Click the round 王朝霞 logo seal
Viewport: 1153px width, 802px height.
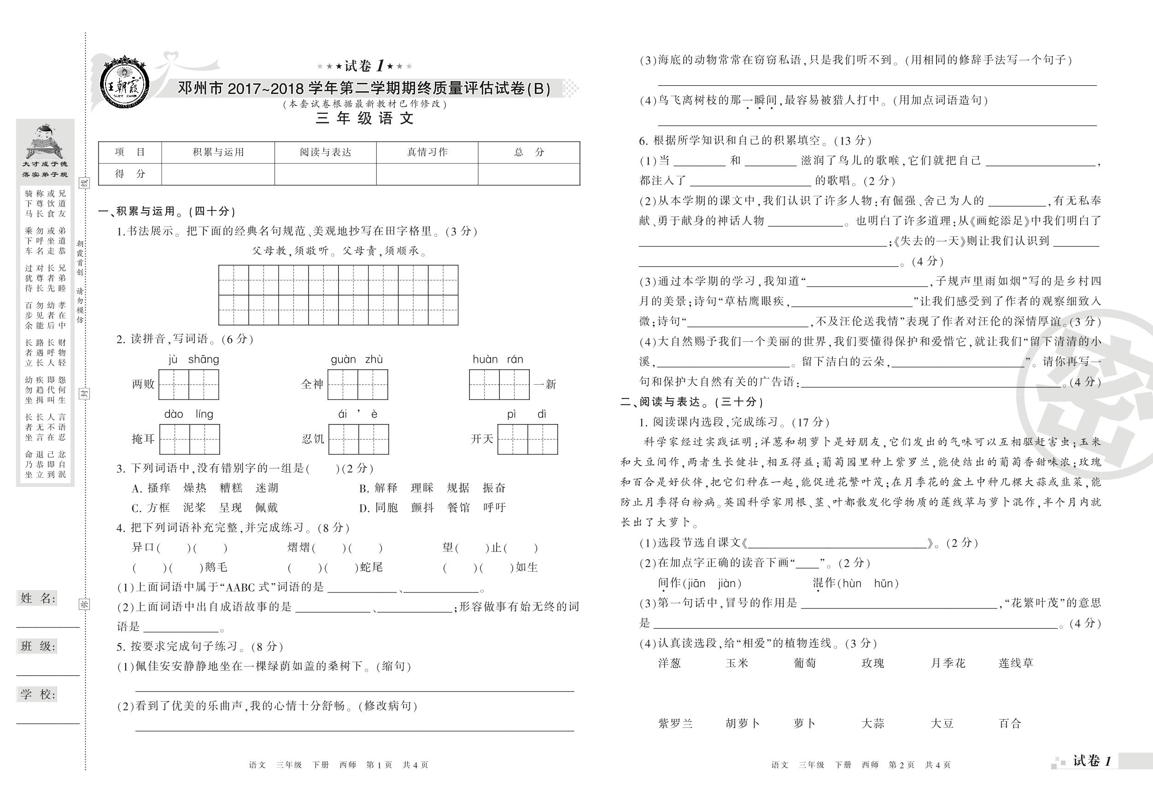(123, 83)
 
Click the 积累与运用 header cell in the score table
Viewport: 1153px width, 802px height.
(218, 152)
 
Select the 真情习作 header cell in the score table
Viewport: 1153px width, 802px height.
(427, 152)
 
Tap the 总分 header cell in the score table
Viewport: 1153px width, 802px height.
(529, 152)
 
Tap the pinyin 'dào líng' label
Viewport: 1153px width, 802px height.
(189, 414)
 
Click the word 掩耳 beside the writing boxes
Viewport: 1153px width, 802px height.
(143, 439)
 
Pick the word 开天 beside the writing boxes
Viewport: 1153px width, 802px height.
(482, 439)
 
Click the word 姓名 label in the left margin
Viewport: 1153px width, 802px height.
(38, 598)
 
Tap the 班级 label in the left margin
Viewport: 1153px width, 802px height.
(38, 646)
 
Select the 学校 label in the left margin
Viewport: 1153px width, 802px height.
(38, 695)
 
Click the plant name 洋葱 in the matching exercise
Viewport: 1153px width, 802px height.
(669, 663)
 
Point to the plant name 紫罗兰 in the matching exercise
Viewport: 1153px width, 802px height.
(675, 724)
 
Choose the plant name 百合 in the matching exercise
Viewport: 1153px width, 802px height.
(1010, 724)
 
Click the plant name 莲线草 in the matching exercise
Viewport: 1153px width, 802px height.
(1016, 663)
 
